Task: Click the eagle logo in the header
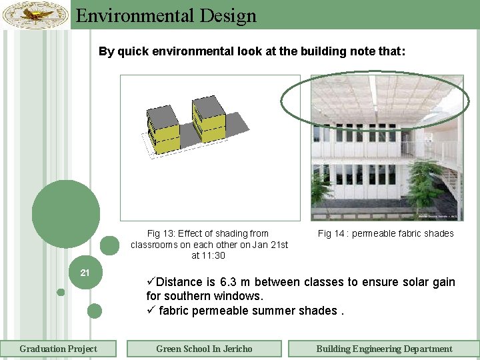[x=35, y=13]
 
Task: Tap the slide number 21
[x=85, y=272]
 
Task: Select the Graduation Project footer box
[x=58, y=349]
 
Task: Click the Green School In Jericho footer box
[x=204, y=349]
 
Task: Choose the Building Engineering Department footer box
[x=383, y=349]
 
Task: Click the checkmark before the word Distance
[x=151, y=282]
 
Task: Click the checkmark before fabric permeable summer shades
[x=151, y=311]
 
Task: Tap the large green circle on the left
[x=65, y=214]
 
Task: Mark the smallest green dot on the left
[x=61, y=292]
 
